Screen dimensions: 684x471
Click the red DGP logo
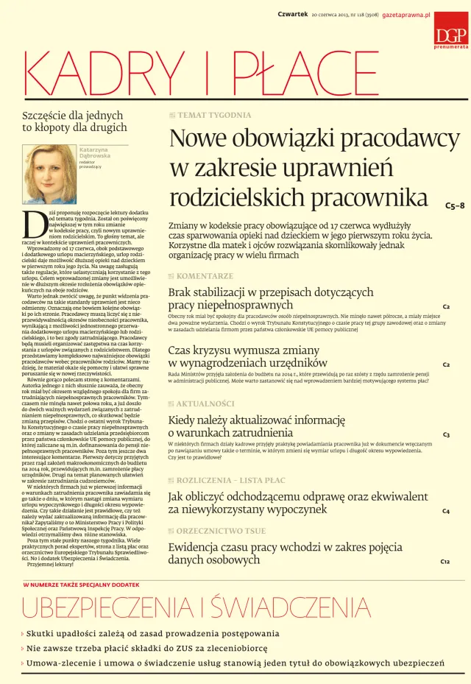click(446, 36)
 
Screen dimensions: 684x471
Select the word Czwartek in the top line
click(292, 15)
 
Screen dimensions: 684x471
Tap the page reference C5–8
click(455, 205)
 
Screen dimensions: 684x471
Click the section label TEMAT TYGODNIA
click(214, 116)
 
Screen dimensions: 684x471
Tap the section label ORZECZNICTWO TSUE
click(222, 531)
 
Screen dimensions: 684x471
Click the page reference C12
click(445, 562)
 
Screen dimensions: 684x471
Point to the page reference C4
click(446, 510)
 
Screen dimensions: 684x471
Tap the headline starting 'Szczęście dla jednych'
click(64, 121)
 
